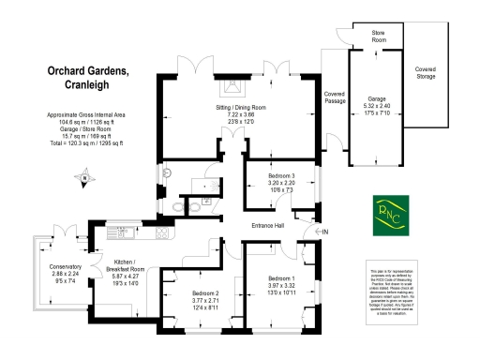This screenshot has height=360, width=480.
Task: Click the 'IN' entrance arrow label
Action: click(x=324, y=232)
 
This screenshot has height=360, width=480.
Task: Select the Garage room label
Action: click(x=376, y=97)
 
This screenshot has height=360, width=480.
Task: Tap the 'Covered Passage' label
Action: click(x=335, y=97)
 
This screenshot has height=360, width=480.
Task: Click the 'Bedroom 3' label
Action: click(x=280, y=176)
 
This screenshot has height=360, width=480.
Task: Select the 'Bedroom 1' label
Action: click(x=281, y=278)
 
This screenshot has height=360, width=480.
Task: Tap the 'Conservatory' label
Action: click(x=66, y=266)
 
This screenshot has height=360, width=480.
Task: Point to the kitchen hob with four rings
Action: click(x=161, y=232)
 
